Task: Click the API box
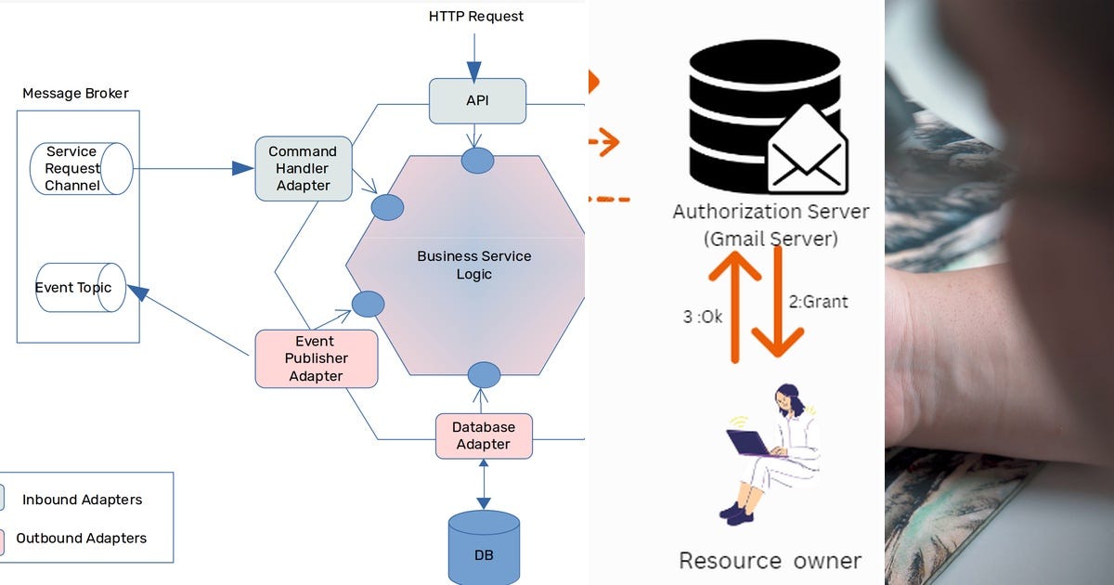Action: [477, 100]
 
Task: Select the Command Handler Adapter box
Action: [304, 169]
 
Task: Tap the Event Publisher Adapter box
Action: [317, 358]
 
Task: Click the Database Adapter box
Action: [484, 436]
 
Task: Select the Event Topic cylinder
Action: [80, 287]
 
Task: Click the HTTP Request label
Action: [475, 17]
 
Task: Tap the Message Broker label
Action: [75, 93]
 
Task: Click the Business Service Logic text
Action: [473, 265]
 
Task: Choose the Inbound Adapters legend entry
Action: [82, 500]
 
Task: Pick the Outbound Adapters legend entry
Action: [81, 538]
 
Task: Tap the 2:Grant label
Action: [818, 302]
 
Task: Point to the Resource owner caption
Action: [770, 561]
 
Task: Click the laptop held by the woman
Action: [749, 443]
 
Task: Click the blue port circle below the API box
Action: [477, 160]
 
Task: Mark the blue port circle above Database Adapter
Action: [484, 375]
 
